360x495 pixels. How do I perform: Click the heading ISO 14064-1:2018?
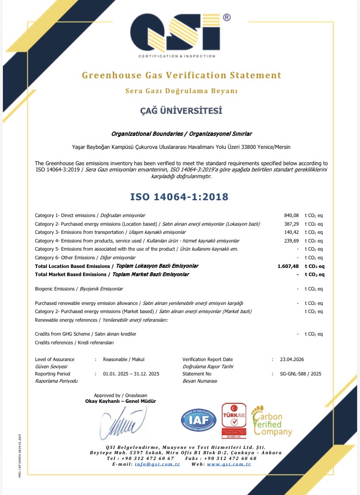[x=179, y=197]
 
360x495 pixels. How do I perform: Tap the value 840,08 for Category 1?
[x=291, y=215]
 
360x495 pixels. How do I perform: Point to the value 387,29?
[x=291, y=224]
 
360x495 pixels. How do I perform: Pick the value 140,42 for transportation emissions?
[x=291, y=232]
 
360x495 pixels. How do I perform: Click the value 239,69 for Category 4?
[x=291, y=241]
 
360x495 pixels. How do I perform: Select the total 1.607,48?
[x=288, y=266]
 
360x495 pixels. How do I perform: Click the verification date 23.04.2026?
[x=292, y=359]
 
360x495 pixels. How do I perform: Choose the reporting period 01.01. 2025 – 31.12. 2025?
[x=131, y=374]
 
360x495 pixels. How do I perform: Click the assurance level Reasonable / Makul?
[x=124, y=359]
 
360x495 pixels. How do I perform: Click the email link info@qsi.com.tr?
[x=157, y=465]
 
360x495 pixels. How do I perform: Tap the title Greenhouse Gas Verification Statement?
[x=181, y=75]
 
